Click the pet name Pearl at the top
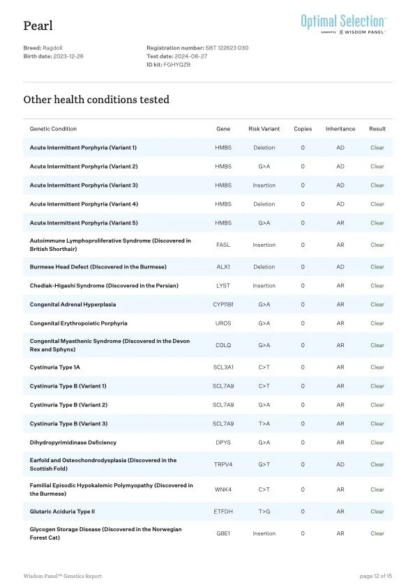(38, 26)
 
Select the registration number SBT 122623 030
(227, 47)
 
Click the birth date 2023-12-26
(68, 56)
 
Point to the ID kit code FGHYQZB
(177, 64)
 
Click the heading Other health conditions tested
(96, 100)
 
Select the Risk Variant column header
(264, 129)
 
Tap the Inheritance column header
(340, 129)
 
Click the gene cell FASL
(223, 245)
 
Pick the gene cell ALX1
(223, 266)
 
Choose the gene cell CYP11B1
(223, 305)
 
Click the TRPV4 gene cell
(223, 464)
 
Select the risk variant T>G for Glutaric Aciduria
(264, 511)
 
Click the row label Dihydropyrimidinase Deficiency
(73, 443)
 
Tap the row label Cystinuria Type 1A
(59, 367)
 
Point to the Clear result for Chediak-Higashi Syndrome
(377, 286)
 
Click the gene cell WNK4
(223, 489)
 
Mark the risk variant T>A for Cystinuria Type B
(264, 424)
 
